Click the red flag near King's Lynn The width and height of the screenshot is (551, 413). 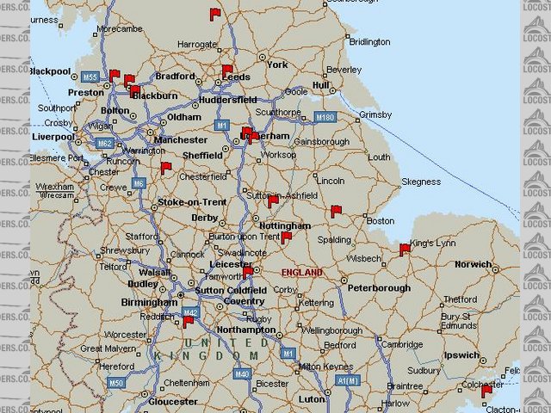[405, 250]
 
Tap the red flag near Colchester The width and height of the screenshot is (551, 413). [486, 391]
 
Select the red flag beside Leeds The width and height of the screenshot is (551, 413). [227, 71]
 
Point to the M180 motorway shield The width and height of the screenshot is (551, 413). [325, 117]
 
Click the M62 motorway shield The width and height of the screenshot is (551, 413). [105, 143]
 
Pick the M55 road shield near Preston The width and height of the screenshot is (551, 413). [90, 77]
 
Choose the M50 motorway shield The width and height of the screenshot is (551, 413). [115, 381]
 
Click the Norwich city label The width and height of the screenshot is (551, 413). [474, 264]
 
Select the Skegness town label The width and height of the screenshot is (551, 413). [421, 182]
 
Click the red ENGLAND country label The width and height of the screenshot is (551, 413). [302, 273]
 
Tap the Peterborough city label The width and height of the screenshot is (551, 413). [380, 288]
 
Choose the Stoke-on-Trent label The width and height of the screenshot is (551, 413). [192, 202]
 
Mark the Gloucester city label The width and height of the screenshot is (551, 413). [173, 401]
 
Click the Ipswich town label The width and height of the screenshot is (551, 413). [463, 354]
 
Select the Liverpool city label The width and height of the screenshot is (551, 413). [53, 136]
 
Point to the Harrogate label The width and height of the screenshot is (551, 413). [197, 43]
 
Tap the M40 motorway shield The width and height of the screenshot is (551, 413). [242, 373]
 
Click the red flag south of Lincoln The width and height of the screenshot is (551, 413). [336, 211]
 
